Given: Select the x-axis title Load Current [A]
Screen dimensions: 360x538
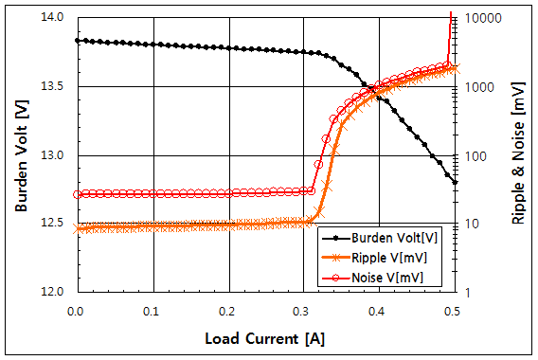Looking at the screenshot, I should [x=264, y=337].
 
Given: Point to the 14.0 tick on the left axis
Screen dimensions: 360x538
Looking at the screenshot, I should [x=53, y=17].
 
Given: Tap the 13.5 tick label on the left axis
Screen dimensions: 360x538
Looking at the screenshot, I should [x=53, y=86].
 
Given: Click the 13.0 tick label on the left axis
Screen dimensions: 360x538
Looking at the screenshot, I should [x=53, y=155].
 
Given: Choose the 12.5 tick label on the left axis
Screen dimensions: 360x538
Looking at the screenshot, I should [x=53, y=225].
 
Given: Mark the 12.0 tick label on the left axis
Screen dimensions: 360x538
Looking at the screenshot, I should [x=53, y=293].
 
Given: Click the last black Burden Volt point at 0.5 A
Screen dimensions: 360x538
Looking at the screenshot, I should [x=455, y=182].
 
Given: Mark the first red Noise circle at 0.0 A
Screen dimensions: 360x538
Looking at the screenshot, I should [x=77, y=194].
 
